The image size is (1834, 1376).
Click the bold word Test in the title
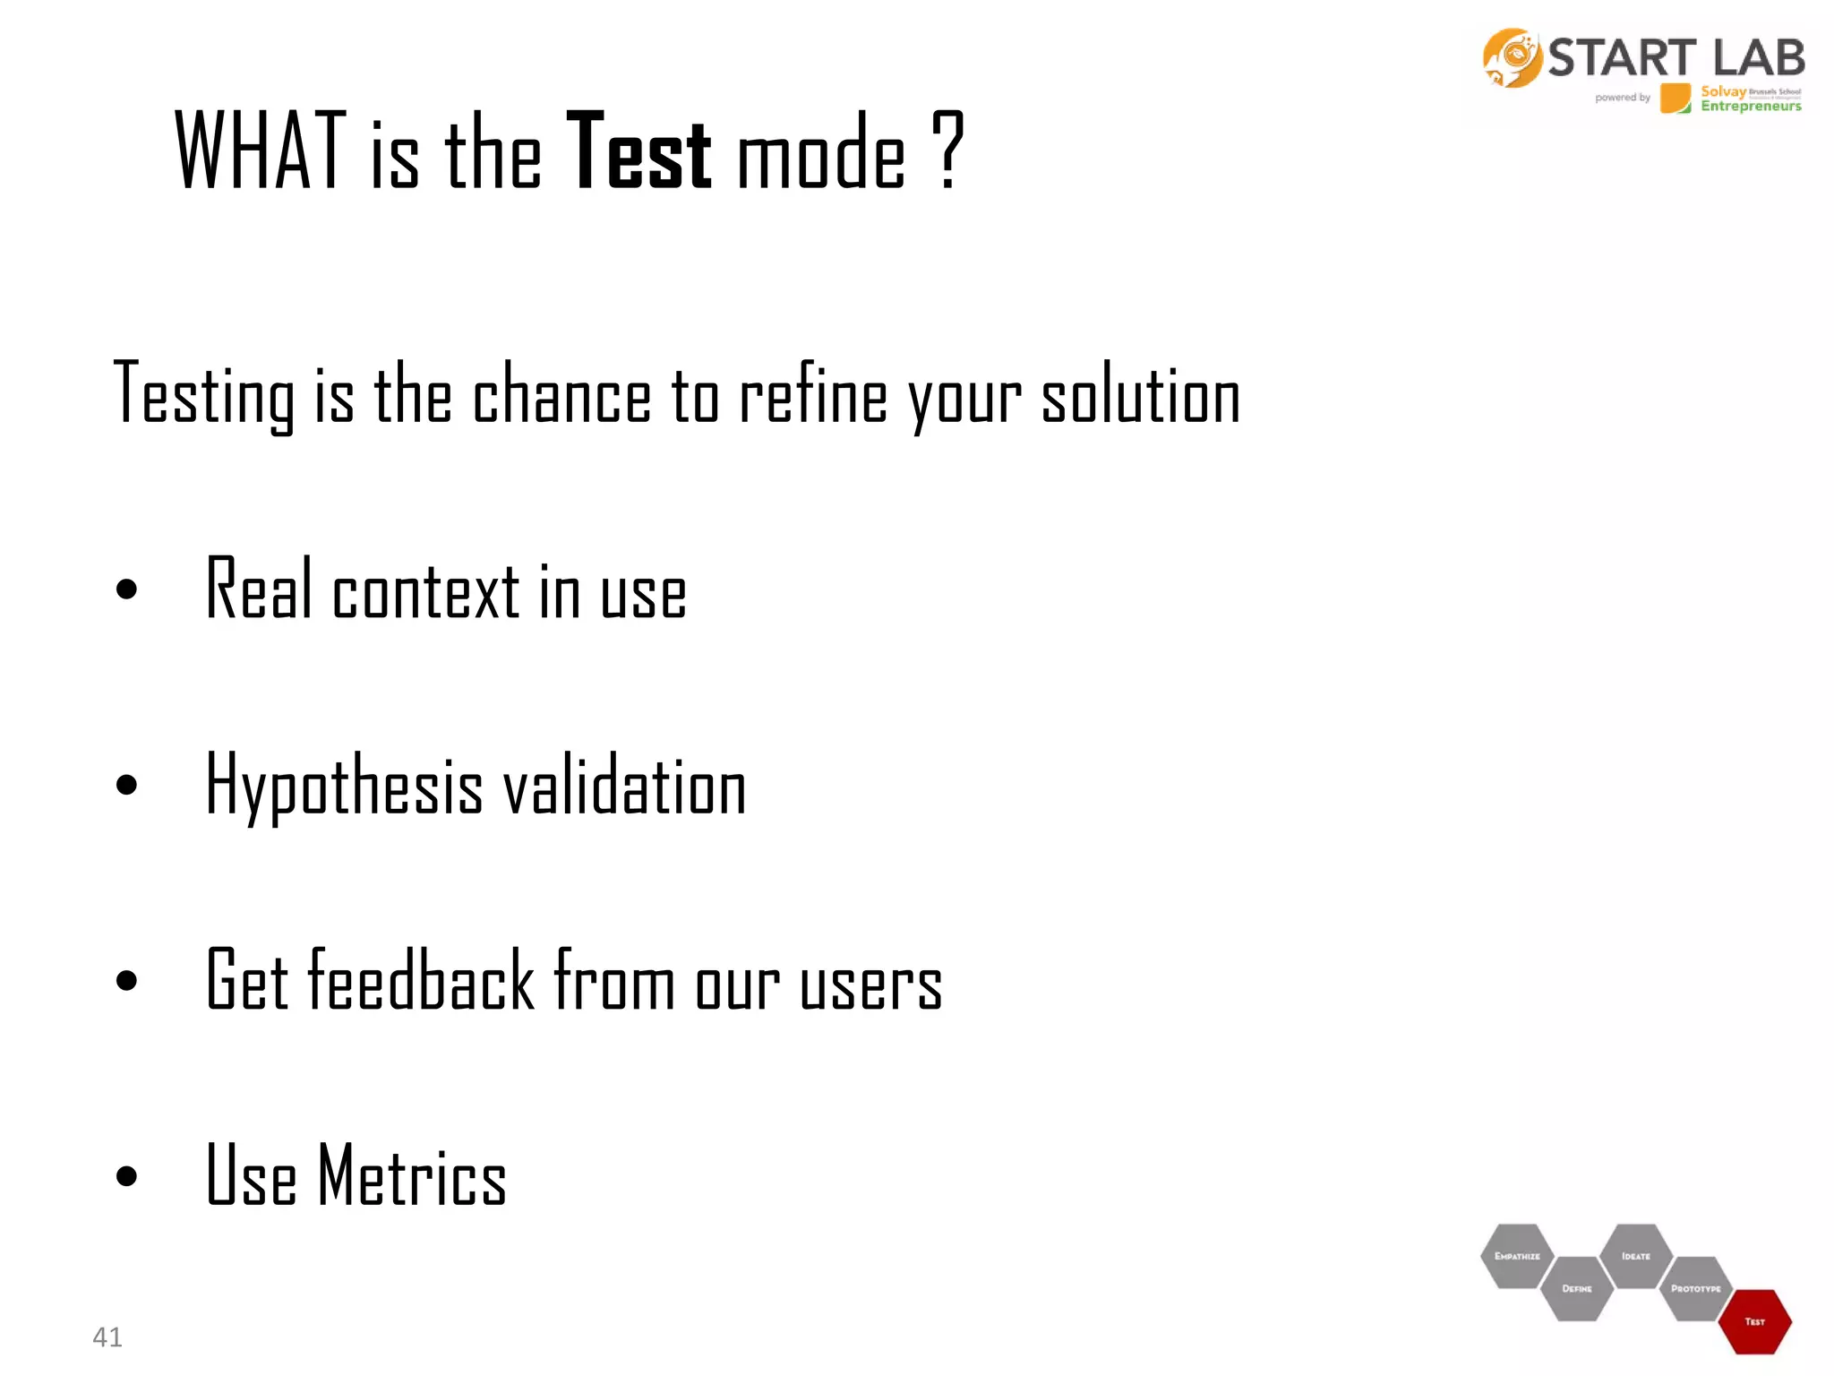tap(639, 151)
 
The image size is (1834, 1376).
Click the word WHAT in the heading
tap(261, 151)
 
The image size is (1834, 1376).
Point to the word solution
tap(1141, 396)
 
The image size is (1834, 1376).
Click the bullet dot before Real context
tap(127, 589)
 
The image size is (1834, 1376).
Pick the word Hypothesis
tap(345, 786)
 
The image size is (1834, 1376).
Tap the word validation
tap(624, 786)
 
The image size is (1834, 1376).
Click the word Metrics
tap(413, 1176)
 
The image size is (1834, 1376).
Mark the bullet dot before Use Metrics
tap(127, 1176)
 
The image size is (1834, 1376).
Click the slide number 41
tap(107, 1337)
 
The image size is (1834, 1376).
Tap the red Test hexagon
tap(1755, 1321)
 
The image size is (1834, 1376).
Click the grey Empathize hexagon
tap(1517, 1256)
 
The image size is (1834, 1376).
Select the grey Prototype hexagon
tap(1695, 1288)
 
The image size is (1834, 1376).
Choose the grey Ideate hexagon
tap(1635, 1256)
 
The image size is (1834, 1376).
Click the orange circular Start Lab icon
tap(1512, 58)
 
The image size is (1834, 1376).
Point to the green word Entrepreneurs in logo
tap(1751, 107)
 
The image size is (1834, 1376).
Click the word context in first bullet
tap(425, 591)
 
